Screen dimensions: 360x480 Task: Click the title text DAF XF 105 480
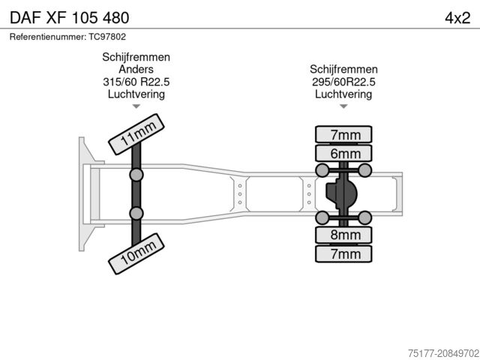69,16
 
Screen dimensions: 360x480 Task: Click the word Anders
136,70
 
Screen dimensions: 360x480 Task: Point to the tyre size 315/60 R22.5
136,82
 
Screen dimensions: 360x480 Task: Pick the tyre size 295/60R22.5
343,82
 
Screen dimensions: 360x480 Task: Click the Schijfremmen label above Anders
136,58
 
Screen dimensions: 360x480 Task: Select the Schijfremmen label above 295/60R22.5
343,70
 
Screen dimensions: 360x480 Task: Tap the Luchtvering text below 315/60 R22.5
136,94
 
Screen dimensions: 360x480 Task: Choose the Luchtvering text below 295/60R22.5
343,94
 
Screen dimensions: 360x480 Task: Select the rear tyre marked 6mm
344,153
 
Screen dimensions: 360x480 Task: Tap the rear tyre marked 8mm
344,235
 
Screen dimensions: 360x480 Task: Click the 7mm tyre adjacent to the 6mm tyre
344,135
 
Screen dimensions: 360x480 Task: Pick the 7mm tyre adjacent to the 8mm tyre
344,253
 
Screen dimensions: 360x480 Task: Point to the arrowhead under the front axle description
136,106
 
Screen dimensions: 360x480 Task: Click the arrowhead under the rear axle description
343,106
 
